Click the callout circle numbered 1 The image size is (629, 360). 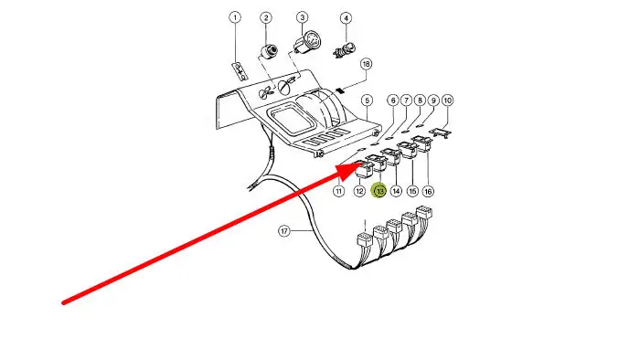click(x=235, y=17)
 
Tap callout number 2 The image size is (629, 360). click(x=265, y=17)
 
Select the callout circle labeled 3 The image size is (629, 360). click(x=302, y=17)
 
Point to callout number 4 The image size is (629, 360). click(x=346, y=18)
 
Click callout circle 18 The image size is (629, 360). click(x=366, y=64)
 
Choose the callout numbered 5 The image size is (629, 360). click(x=367, y=101)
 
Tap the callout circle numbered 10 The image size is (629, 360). click(x=447, y=101)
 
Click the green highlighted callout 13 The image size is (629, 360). click(x=379, y=191)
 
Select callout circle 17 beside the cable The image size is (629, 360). click(x=284, y=231)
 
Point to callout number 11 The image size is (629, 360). click(x=339, y=191)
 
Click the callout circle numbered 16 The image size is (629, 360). click(x=429, y=191)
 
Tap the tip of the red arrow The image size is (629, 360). click(x=357, y=165)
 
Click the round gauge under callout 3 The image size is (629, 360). click(x=308, y=41)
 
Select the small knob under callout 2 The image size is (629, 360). click(x=268, y=52)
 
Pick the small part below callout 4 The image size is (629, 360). click(x=345, y=50)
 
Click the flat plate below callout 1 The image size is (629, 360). click(x=240, y=70)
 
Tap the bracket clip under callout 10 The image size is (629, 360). click(x=441, y=132)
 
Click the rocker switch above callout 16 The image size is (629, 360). click(x=422, y=144)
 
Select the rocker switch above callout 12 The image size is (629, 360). click(x=365, y=169)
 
